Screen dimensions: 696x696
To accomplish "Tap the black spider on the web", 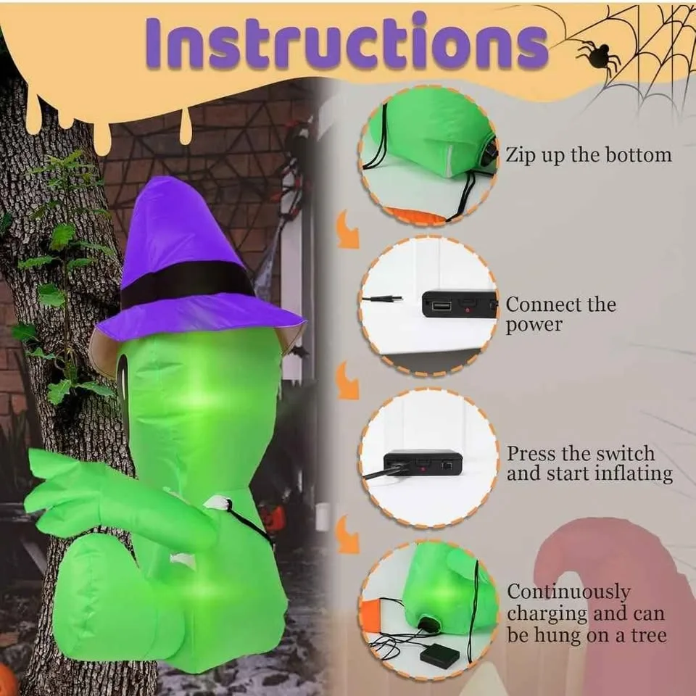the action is coord(594,56).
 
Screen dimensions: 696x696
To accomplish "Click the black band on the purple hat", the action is coord(186,284).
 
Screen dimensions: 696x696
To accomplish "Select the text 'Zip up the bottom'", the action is coord(589,155).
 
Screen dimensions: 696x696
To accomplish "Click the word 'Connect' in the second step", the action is coord(539,304).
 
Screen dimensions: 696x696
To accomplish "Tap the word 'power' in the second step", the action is coord(534,325).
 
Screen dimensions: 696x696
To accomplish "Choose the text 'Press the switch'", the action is coord(581,454).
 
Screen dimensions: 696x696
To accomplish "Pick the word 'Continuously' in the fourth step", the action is coord(568,592).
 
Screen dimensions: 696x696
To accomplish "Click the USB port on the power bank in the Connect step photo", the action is coord(442,306).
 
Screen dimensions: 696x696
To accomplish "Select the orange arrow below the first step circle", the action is coord(347,230).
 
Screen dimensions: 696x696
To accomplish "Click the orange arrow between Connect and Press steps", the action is coord(347,381).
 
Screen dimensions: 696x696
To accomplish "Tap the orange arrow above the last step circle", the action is coord(347,535).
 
